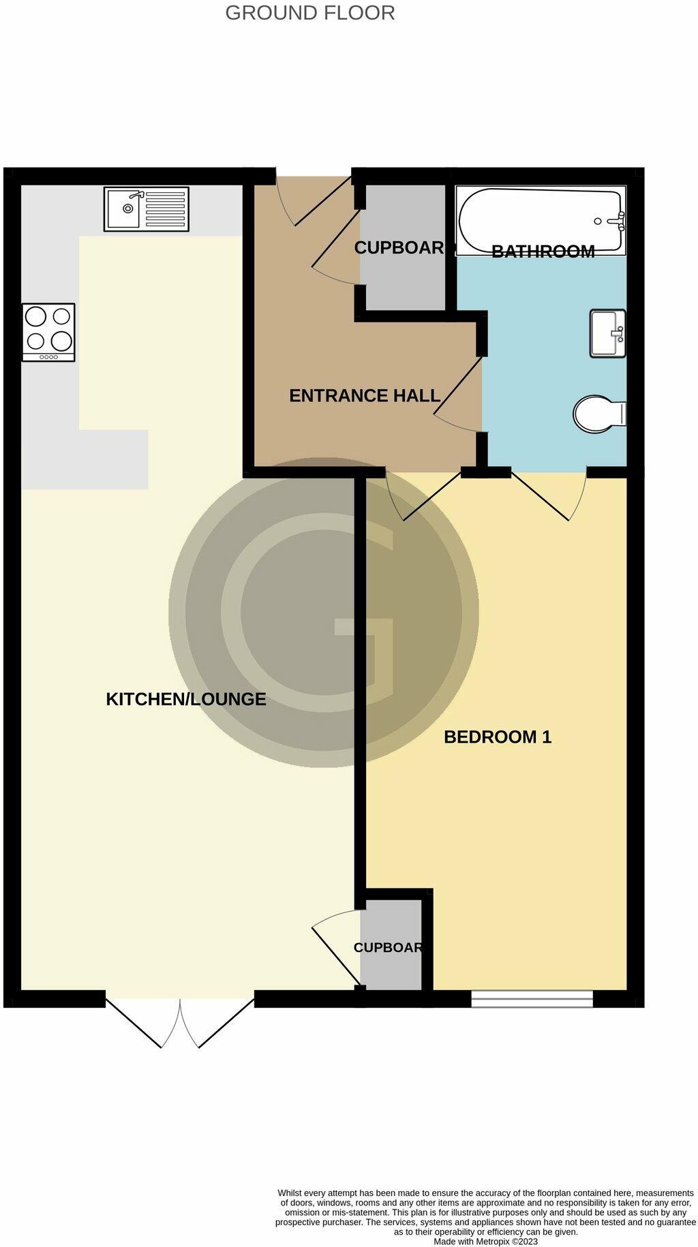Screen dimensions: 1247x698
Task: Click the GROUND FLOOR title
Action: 310,13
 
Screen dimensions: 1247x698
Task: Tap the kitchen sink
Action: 145,209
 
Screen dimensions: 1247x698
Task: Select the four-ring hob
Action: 48,331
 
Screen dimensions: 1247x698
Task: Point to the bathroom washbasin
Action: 607,333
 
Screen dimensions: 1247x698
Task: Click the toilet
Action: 598,414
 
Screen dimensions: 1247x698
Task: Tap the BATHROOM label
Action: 543,252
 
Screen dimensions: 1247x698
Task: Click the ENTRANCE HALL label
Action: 365,396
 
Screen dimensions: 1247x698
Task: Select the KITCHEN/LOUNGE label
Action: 185,699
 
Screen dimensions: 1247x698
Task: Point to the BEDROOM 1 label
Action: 498,737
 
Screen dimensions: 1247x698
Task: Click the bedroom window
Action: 532,998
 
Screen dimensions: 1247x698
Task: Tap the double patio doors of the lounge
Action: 180,1022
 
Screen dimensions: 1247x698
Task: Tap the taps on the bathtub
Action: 619,219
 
